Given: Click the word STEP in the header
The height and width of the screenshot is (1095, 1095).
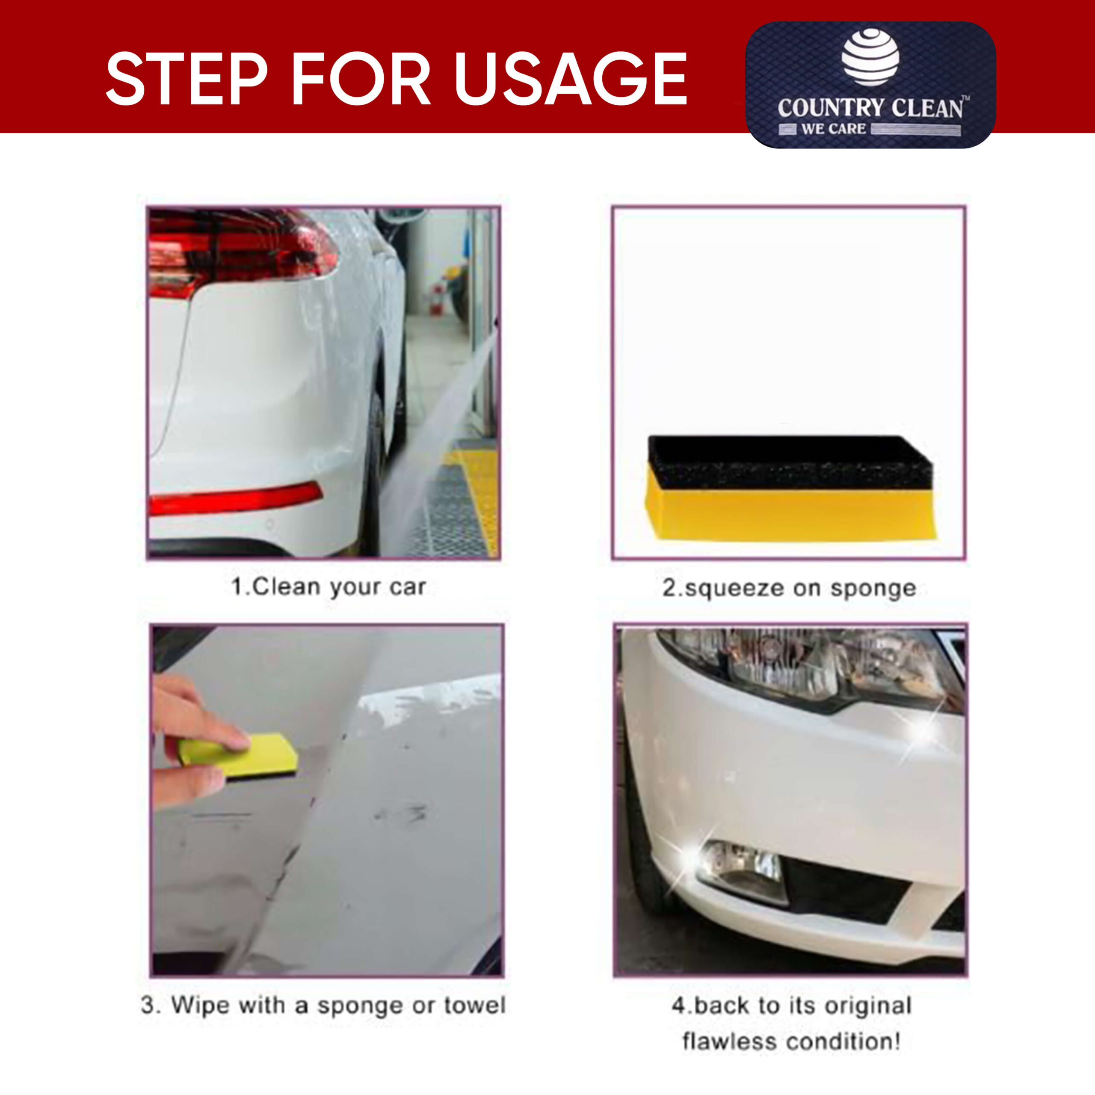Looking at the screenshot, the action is pyautogui.click(x=186, y=78).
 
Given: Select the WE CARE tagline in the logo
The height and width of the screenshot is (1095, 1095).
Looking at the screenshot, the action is pyautogui.click(x=833, y=129).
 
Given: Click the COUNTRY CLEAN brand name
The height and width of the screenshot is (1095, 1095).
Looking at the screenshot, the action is pyautogui.click(x=870, y=108).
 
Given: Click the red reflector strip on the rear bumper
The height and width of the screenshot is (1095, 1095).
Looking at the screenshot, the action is pyautogui.click(x=235, y=498).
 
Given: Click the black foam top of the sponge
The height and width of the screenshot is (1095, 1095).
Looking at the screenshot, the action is pyautogui.click(x=790, y=462).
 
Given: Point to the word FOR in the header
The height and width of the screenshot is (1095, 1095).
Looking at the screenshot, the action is pyautogui.click(x=361, y=78).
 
